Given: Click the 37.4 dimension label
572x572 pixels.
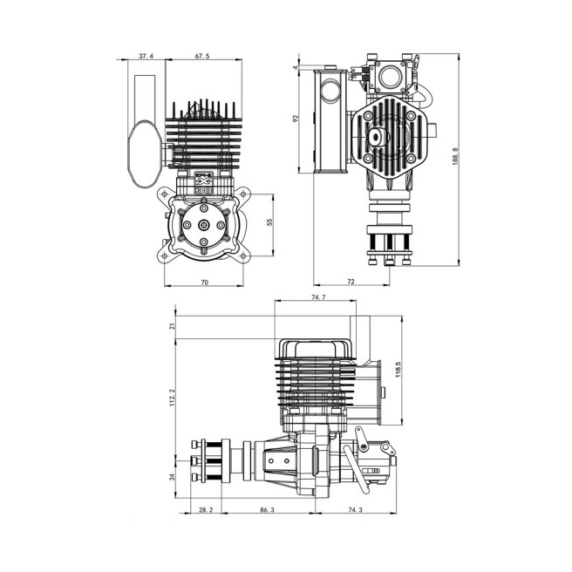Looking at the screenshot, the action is pos(146,56).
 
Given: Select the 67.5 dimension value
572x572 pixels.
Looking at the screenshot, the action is pos(202,56).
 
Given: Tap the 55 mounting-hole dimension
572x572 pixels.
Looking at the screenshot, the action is pos(270,222).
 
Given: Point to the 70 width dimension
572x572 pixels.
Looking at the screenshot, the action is pos(205,282).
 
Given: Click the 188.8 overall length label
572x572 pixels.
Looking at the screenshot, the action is pos(455,156).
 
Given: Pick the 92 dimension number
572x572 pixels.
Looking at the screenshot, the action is pos(296,119).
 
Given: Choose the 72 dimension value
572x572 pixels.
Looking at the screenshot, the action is pos(351,282).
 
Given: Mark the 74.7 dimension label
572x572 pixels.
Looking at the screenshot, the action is pos(318,297).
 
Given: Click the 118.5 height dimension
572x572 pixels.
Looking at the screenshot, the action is pos(398,370).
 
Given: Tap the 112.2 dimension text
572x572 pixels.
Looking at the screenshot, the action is pos(173,398).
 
